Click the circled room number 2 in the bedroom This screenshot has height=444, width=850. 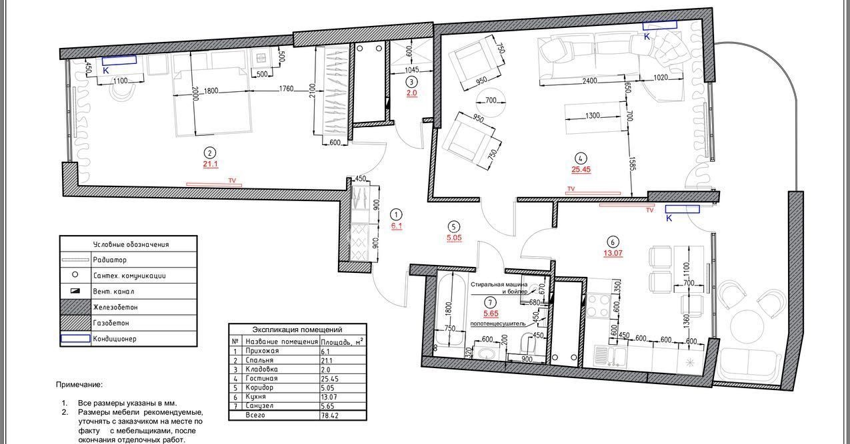coord(209,152)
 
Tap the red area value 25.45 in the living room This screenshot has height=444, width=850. coord(581,169)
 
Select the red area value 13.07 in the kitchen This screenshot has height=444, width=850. coord(613,253)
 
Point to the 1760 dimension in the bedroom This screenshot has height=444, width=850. coord(287,89)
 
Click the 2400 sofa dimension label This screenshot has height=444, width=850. coord(590,81)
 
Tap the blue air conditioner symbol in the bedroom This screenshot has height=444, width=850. coord(119,60)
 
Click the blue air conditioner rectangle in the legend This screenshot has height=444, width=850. coord(75,338)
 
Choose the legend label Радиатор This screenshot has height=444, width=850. coord(109,260)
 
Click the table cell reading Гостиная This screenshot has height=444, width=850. coord(261,379)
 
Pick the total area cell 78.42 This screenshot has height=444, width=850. coord(330,415)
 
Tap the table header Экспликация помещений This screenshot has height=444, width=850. coord(297,330)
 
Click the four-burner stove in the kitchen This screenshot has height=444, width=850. coord(597,306)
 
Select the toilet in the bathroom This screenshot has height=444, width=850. coord(528,343)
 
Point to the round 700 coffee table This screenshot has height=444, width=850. coord(491,101)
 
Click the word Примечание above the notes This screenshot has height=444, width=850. coord(79,385)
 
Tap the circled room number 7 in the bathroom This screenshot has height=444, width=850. coord(490,302)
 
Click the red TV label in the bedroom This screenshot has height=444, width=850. coord(232,180)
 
